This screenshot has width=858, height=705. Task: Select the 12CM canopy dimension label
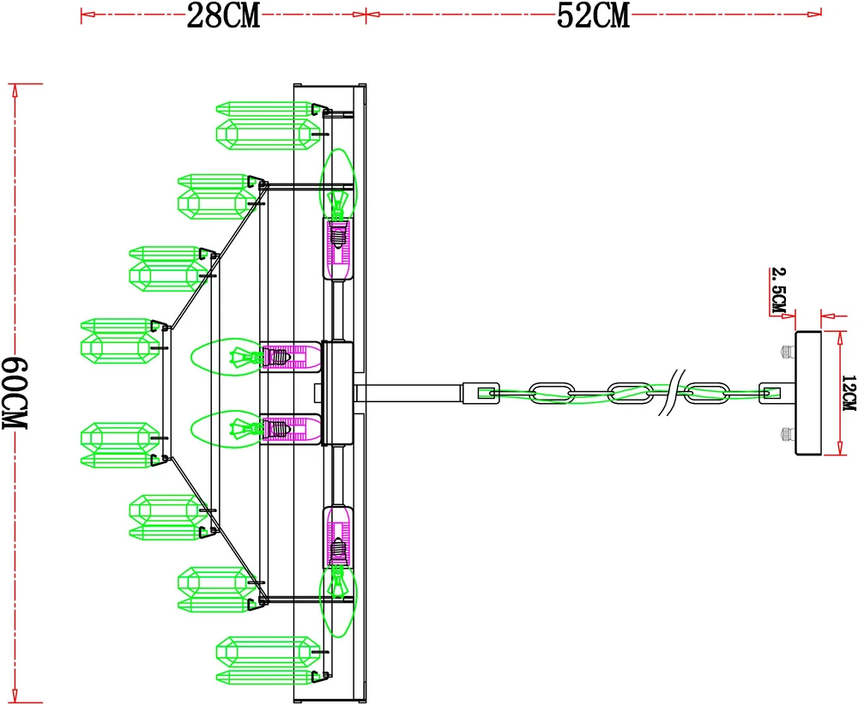(849, 394)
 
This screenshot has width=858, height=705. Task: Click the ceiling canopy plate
(808, 394)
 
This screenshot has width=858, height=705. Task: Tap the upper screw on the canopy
(785, 352)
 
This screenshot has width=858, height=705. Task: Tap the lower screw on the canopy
(785, 434)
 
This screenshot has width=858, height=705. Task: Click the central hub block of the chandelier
(337, 394)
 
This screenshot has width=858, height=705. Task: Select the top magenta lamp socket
(340, 245)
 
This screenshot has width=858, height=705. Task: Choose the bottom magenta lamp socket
(340, 537)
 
